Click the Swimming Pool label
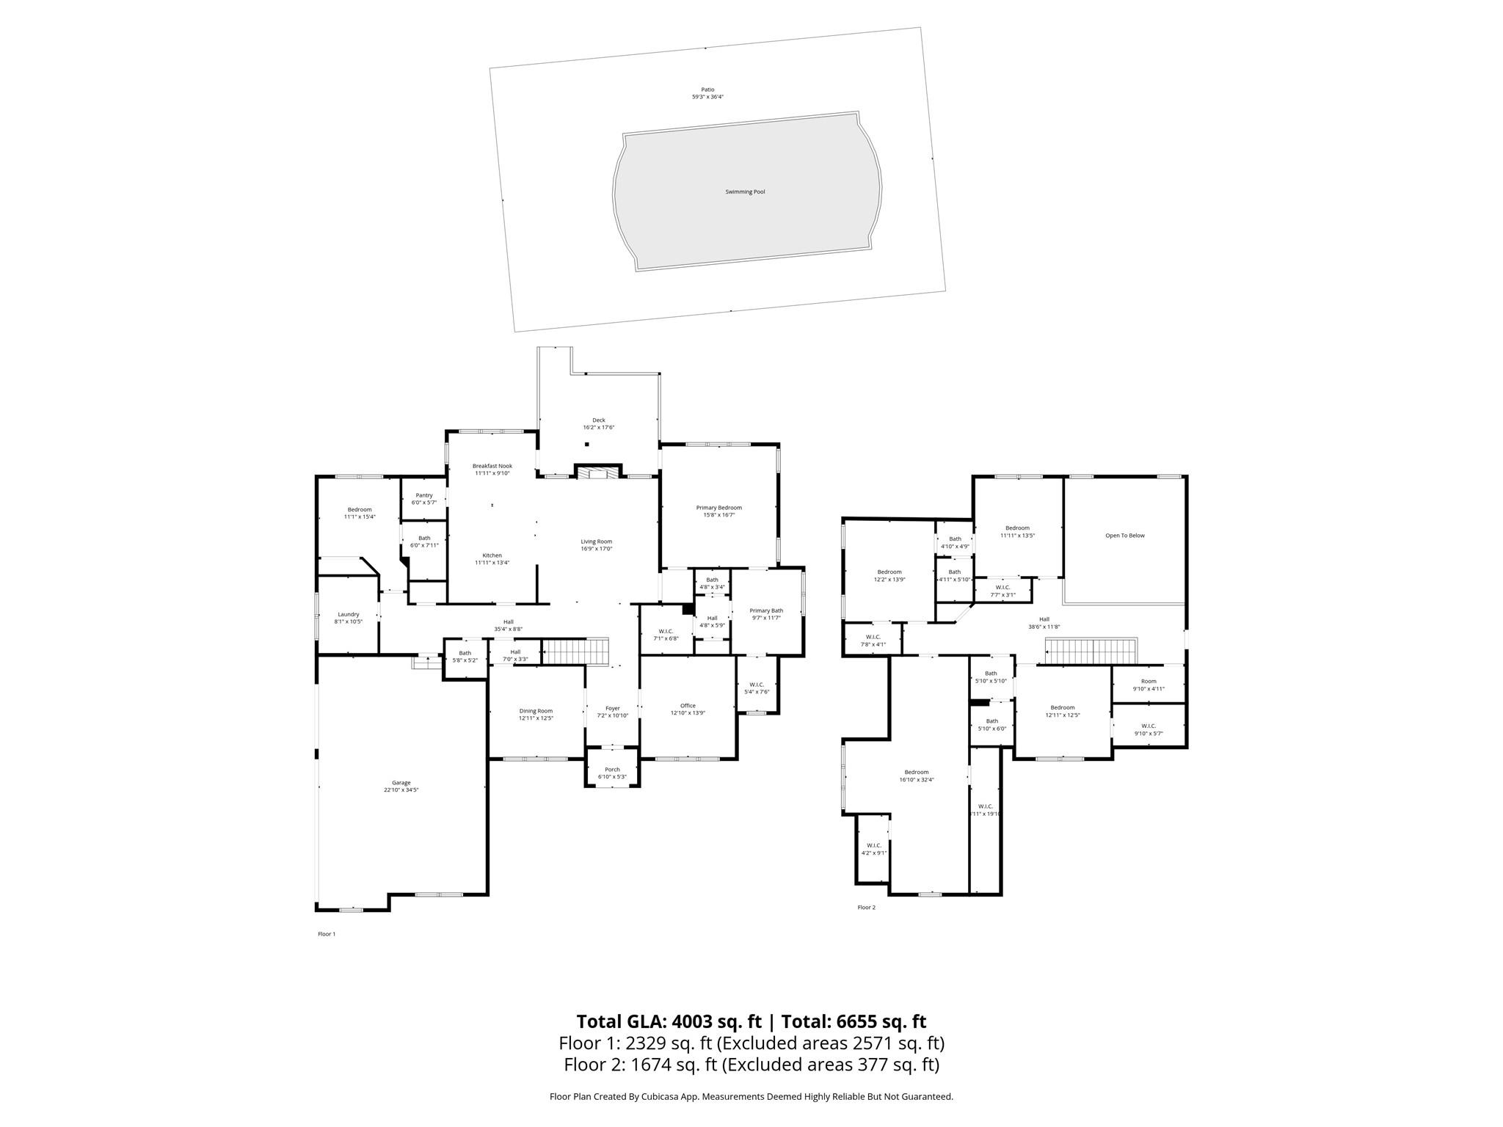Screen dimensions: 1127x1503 (x=745, y=192)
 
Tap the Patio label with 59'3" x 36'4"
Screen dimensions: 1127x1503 (x=707, y=93)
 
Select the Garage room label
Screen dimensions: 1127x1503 (x=401, y=786)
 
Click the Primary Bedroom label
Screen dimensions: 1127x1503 (x=718, y=511)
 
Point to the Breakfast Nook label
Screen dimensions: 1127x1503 (x=492, y=469)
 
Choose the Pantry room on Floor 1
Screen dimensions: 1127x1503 (x=424, y=498)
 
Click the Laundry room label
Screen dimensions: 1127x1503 (x=348, y=618)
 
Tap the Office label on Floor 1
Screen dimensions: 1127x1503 (x=687, y=709)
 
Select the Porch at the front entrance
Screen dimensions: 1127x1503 (x=612, y=773)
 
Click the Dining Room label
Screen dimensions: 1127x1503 (x=536, y=714)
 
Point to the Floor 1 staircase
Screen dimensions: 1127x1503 (x=576, y=651)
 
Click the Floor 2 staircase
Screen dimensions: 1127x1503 (x=1091, y=651)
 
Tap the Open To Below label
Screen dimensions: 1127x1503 (x=1124, y=536)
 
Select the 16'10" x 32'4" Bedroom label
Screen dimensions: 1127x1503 (x=916, y=776)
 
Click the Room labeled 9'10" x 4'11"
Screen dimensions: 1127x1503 (x=1148, y=685)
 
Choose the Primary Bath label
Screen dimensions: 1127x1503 (x=766, y=614)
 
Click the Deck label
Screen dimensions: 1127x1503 (x=598, y=423)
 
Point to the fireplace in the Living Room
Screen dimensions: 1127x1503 (x=598, y=473)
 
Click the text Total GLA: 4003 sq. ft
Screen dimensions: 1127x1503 (x=669, y=1021)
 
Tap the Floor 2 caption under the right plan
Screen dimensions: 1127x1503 (x=866, y=908)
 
